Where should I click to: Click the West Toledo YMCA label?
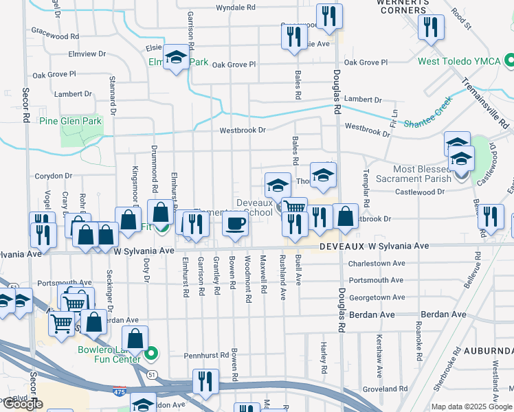tap(459, 61)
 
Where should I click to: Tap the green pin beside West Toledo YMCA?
tap(509, 61)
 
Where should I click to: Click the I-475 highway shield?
tap(120, 391)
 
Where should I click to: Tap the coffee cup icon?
tap(235, 224)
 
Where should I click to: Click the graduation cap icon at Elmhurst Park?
tap(177, 58)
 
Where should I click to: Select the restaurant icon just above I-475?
tap(205, 380)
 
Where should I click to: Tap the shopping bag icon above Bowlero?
tap(135, 338)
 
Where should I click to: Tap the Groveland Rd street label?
tap(380, 389)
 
